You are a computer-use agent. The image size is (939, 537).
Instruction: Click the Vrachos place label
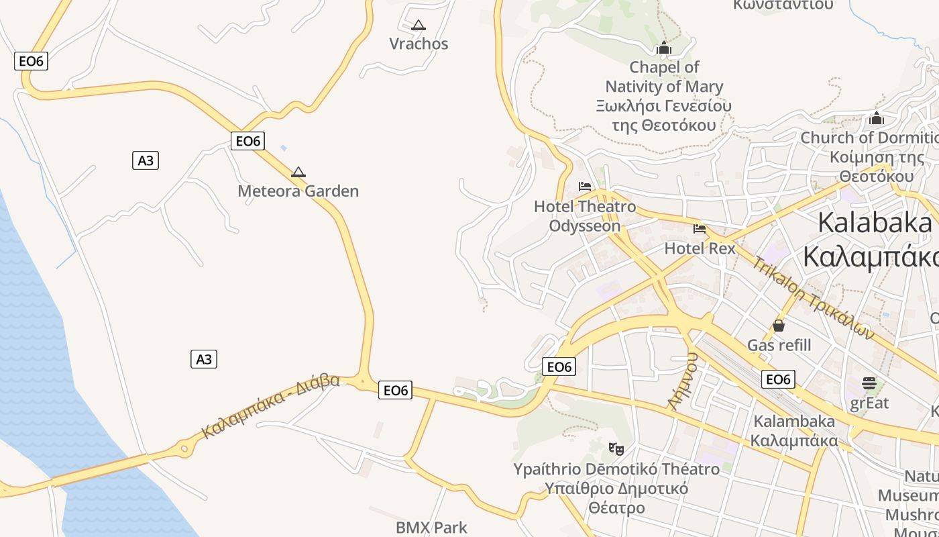(x=419, y=44)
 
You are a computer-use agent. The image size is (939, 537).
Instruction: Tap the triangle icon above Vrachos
(x=419, y=26)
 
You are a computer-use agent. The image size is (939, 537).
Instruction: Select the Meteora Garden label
(x=298, y=191)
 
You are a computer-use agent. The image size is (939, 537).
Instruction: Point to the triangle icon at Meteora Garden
(x=298, y=172)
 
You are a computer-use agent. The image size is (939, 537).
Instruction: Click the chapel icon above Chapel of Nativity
(x=664, y=48)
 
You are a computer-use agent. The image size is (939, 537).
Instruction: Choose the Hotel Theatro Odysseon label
(x=585, y=216)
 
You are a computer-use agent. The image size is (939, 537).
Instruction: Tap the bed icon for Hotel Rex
(x=700, y=229)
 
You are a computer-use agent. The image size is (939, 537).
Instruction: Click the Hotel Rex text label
(x=700, y=249)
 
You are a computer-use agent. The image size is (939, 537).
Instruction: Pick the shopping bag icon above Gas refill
(x=779, y=326)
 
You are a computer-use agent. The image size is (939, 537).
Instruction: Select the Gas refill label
(x=779, y=346)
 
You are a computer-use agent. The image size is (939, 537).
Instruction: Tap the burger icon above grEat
(x=869, y=383)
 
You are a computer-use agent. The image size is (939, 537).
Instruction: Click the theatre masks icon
(x=616, y=448)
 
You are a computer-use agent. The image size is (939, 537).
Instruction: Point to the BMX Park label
(x=431, y=528)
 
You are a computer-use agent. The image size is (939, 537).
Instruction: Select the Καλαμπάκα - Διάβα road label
(x=271, y=407)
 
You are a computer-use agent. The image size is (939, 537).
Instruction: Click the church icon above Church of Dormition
(x=876, y=118)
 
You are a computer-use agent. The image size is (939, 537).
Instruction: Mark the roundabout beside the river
(x=184, y=448)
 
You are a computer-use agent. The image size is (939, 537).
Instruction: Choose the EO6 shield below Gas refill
(x=778, y=380)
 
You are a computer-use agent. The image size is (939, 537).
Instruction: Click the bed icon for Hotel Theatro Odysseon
(x=585, y=187)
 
